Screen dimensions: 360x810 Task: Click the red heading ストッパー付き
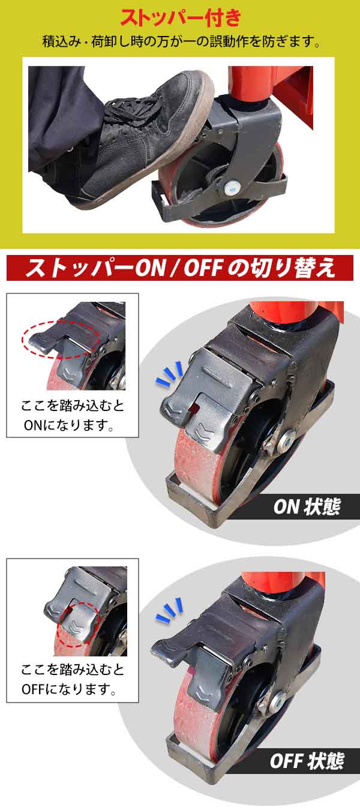click(180, 17)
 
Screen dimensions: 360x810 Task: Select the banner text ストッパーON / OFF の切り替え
click(179, 268)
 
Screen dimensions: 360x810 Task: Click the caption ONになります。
click(69, 425)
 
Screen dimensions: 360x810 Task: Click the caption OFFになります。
click(69, 689)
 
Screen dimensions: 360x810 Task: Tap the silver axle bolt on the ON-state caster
click(286, 439)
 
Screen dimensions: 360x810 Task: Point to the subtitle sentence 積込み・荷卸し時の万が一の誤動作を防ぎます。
click(181, 42)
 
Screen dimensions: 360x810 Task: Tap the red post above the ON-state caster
click(289, 312)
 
